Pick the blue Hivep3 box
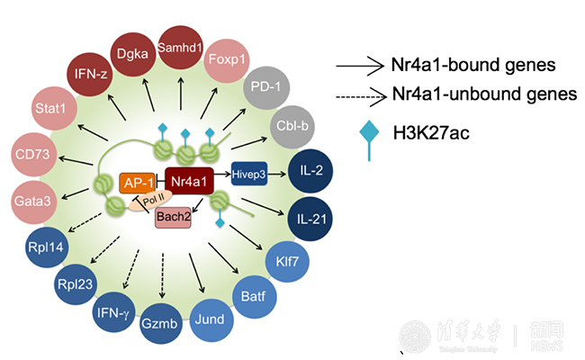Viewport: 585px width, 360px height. pyautogui.click(x=249, y=176)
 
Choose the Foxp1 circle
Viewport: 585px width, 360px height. pyautogui.click(x=227, y=61)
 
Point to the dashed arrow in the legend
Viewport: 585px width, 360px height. pyautogui.click(x=360, y=94)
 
